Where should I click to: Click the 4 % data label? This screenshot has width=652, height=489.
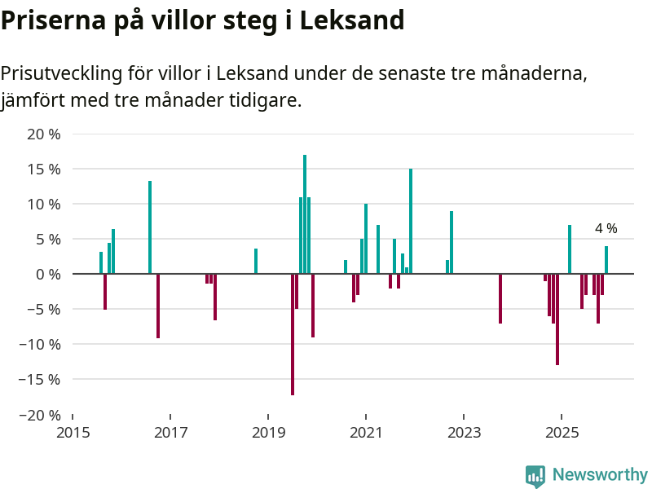pyautogui.click(x=606, y=229)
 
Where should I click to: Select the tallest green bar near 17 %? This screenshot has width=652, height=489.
pyautogui.click(x=305, y=214)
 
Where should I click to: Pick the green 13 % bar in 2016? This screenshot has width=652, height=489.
pyautogui.click(x=150, y=227)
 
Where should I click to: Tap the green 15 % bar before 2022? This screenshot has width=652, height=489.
pyautogui.click(x=411, y=221)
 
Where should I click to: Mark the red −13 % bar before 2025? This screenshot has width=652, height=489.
pyautogui.click(x=557, y=319)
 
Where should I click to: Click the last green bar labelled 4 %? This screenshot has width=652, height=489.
pyautogui.click(x=606, y=260)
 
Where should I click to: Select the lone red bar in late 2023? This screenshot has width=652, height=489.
pyautogui.click(x=500, y=298)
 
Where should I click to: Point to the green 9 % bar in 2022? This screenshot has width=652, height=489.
pyautogui.click(x=452, y=242)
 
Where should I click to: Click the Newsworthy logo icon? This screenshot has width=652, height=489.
pyautogui.click(x=535, y=476)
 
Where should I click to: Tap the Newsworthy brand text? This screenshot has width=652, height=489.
pyautogui.click(x=600, y=475)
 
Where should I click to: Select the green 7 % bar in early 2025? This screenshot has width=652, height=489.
pyautogui.click(x=570, y=249)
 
